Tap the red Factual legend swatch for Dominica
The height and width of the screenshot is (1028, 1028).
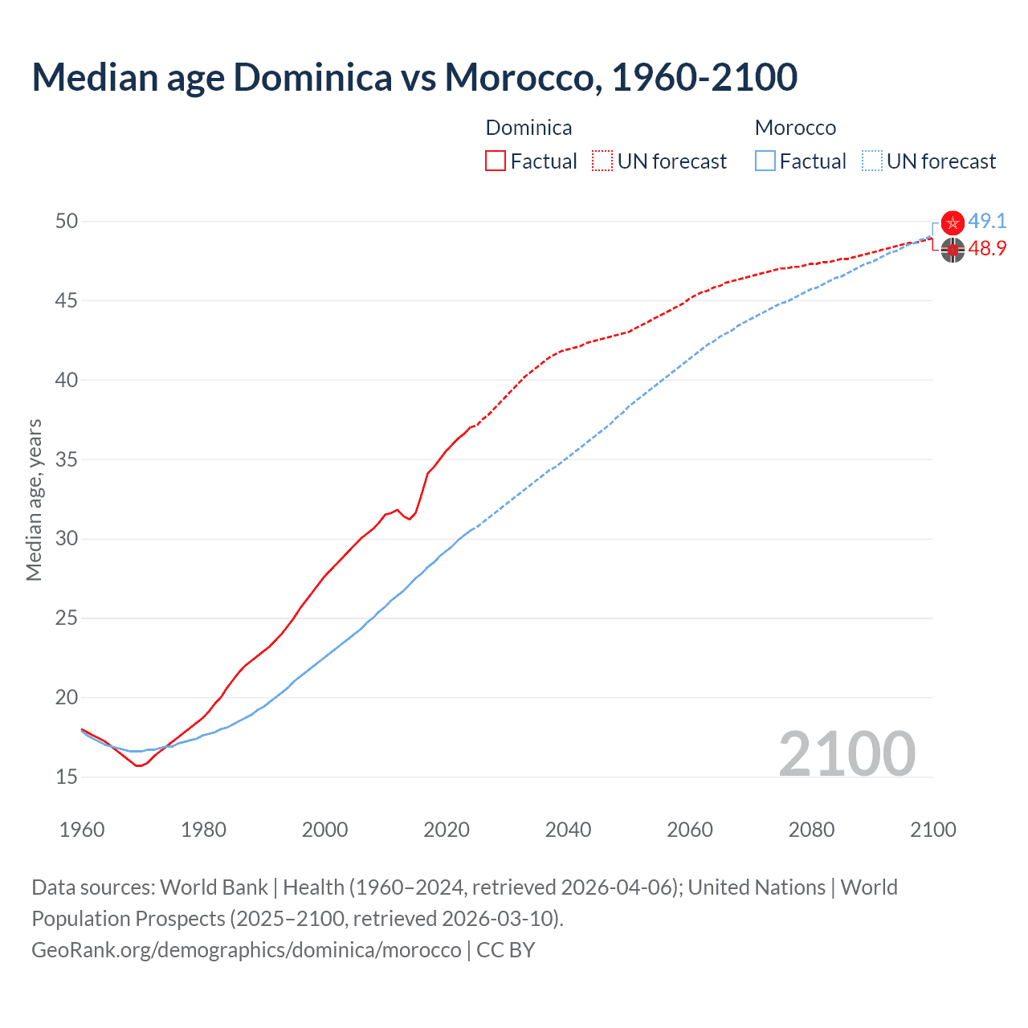496,161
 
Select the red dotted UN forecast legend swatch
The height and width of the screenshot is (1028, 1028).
602,161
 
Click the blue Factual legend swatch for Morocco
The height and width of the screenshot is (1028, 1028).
765,161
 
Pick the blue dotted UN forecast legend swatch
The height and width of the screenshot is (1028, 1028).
872,161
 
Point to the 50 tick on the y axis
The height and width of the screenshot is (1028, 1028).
67,221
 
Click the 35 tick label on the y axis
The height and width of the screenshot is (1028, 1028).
67,459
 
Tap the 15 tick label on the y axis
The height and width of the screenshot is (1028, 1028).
67,777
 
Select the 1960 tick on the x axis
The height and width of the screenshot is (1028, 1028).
82,830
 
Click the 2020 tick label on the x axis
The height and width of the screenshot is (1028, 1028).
447,830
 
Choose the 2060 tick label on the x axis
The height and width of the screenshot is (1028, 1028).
690,830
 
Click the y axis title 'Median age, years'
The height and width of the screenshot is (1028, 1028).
34,500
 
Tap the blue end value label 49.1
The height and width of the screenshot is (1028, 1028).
987,222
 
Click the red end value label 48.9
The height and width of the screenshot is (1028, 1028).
987,249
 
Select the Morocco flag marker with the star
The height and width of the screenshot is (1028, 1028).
953,223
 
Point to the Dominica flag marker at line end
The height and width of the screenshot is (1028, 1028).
953,251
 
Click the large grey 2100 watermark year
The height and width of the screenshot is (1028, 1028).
846,753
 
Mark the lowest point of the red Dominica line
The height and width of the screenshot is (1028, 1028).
138,766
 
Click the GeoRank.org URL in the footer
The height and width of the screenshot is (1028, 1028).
247,950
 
